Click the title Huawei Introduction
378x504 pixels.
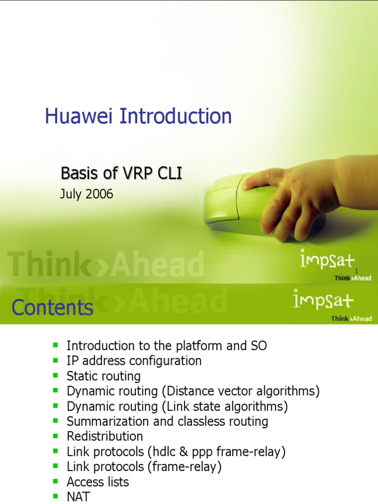click(138, 117)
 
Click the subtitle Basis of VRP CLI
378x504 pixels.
click(118, 173)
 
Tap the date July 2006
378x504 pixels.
click(87, 194)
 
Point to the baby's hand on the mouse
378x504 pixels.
click(295, 197)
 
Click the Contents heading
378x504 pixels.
click(52, 308)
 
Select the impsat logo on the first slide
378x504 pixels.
click(327, 260)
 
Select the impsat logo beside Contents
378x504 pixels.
click(323, 300)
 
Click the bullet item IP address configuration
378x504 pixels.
click(134, 361)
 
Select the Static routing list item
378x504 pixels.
click(103, 376)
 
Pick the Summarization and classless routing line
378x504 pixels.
click(167, 421)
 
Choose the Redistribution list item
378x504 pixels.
click(105, 437)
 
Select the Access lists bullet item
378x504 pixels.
click(97, 482)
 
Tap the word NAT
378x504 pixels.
click(79, 497)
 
